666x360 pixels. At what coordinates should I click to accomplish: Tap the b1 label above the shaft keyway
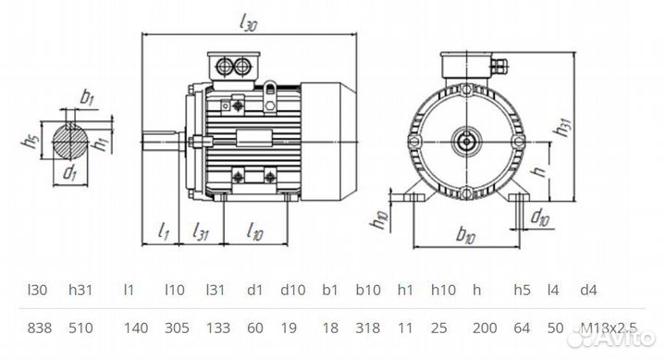(87, 95)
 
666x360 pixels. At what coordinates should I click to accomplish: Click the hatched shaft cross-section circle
(69, 141)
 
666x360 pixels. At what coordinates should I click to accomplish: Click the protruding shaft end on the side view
(164, 141)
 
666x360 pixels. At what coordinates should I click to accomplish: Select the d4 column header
(589, 291)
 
